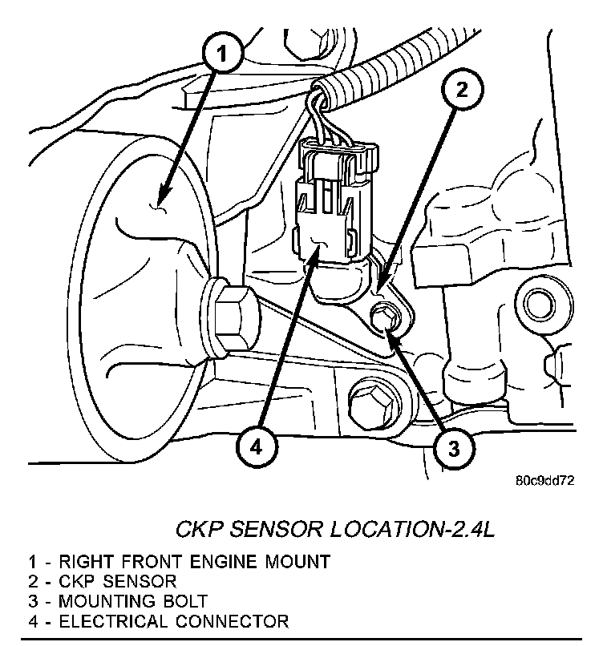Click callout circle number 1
[224, 55]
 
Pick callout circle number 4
[255, 447]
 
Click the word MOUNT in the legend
[305, 561]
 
